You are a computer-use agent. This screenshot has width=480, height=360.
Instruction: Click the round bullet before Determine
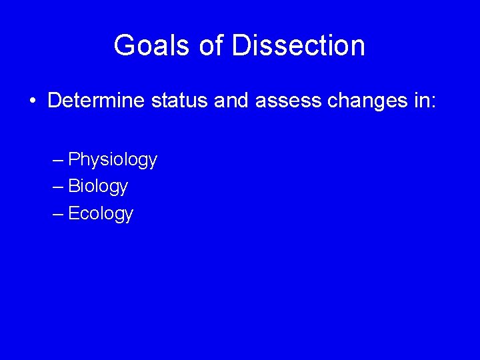(32, 101)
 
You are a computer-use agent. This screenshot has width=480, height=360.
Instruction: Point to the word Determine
(96, 101)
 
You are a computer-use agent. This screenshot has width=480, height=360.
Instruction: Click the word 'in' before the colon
(419, 101)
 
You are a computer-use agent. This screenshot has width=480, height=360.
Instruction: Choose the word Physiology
(113, 160)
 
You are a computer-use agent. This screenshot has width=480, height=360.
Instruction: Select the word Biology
(98, 187)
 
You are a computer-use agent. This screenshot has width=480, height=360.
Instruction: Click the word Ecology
(101, 213)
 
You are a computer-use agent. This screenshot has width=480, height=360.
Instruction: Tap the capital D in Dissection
(239, 46)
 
